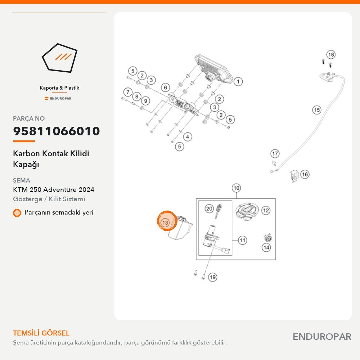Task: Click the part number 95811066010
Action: pos(57,131)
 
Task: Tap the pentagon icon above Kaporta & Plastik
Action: pos(59,58)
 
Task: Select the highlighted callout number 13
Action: pos(165,222)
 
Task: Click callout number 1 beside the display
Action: pos(238,81)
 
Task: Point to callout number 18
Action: pos(331,55)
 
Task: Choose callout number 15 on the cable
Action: pos(317,110)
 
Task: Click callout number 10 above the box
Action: pos(236,188)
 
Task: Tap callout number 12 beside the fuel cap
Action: pos(266,210)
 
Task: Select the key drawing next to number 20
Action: pos(219,211)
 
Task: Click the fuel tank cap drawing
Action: pos(247,211)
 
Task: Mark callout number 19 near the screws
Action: pos(213,277)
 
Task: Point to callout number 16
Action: pos(305,175)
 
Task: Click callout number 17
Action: pos(275,154)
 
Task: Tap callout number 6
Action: pos(165,87)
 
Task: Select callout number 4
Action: pos(188,137)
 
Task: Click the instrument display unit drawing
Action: pos(213,68)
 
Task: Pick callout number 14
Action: pos(266,247)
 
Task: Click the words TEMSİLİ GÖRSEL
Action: pos(41,333)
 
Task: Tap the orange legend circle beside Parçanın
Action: pos(17,213)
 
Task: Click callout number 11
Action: pos(242,240)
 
